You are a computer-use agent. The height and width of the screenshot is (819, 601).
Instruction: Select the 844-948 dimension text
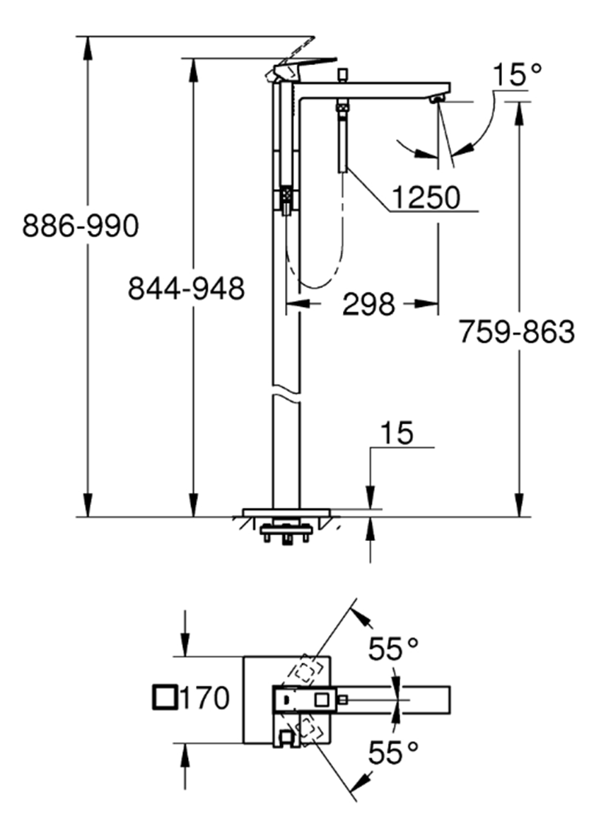click(x=186, y=289)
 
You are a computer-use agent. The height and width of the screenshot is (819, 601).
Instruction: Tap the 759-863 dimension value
click(x=517, y=331)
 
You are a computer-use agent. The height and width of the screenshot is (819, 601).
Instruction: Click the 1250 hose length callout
click(x=426, y=199)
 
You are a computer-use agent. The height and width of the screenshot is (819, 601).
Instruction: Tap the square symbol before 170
click(x=164, y=697)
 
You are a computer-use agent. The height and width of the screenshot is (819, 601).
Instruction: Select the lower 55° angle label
click(x=393, y=753)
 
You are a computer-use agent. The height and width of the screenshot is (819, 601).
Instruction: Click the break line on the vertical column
click(x=286, y=393)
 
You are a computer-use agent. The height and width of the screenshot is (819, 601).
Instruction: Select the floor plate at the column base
click(x=286, y=512)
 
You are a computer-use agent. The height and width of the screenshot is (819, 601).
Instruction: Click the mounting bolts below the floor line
click(x=286, y=534)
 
